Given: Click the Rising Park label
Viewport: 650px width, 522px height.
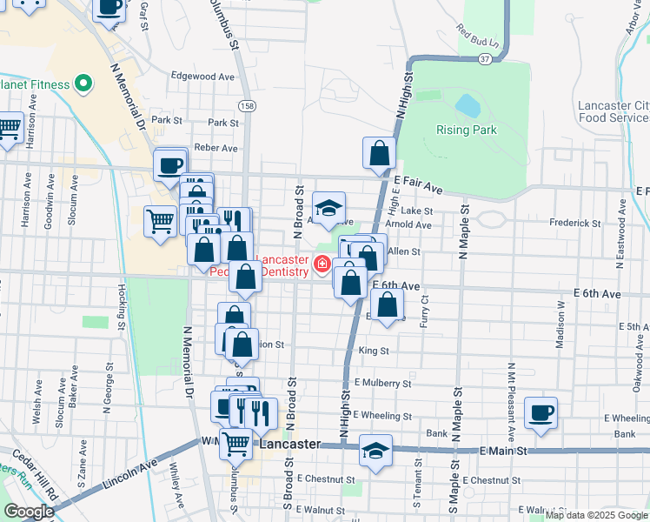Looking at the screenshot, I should (467, 130).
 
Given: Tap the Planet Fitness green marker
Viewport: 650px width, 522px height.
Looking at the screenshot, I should (84, 84).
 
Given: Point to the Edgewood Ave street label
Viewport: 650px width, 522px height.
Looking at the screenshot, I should (203, 77).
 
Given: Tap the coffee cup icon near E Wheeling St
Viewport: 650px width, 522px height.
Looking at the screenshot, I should (541, 412).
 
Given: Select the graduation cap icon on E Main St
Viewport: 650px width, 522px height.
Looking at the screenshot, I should (375, 452).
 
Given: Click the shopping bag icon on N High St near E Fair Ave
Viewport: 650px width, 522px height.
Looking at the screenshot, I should (379, 154).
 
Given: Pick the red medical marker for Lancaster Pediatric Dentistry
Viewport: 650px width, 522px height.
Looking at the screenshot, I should (322, 264).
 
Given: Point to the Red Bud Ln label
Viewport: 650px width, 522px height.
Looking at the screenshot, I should (477, 41).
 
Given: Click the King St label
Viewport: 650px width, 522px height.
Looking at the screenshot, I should (373, 351).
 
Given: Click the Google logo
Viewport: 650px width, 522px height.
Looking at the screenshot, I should (29, 511).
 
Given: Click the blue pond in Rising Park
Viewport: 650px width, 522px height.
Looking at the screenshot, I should (468, 106).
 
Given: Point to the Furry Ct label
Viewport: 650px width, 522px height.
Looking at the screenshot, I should (425, 311).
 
